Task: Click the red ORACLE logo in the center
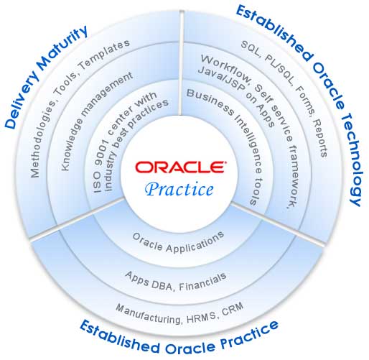tap(180, 167)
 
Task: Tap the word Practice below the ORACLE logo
tap(179, 189)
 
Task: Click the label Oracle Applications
tap(178, 242)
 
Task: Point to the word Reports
tap(320, 138)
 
